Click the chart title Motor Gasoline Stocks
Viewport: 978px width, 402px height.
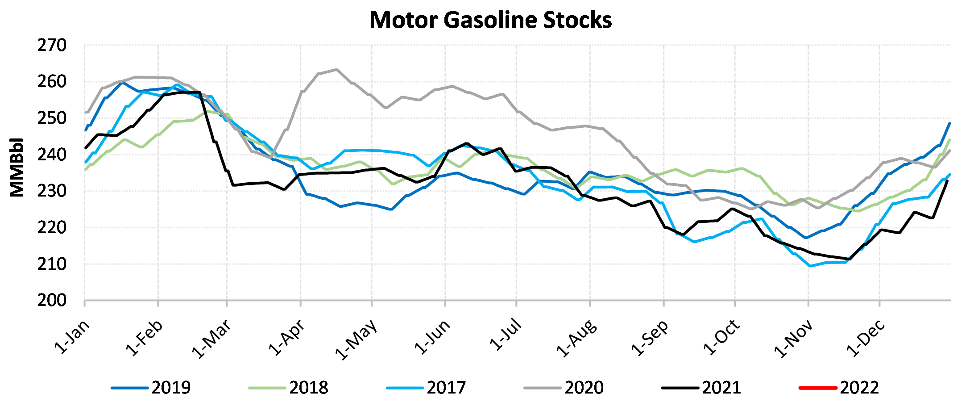click(x=490, y=20)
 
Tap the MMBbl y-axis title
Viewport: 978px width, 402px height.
click(x=17, y=167)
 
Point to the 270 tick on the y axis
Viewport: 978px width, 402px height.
click(x=52, y=45)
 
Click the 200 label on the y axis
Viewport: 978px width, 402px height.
click(x=52, y=300)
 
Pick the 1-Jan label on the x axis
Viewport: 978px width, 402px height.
click(x=71, y=337)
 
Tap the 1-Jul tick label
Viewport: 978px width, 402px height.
click(x=505, y=335)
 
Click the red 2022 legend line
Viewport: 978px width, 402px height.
click(x=817, y=387)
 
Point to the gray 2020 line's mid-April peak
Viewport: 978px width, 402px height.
click(x=336, y=70)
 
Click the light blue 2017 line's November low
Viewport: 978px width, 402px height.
click(x=810, y=266)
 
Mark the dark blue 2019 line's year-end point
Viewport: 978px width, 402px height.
click(x=949, y=123)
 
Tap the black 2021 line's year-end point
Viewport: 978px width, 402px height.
click(x=947, y=181)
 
